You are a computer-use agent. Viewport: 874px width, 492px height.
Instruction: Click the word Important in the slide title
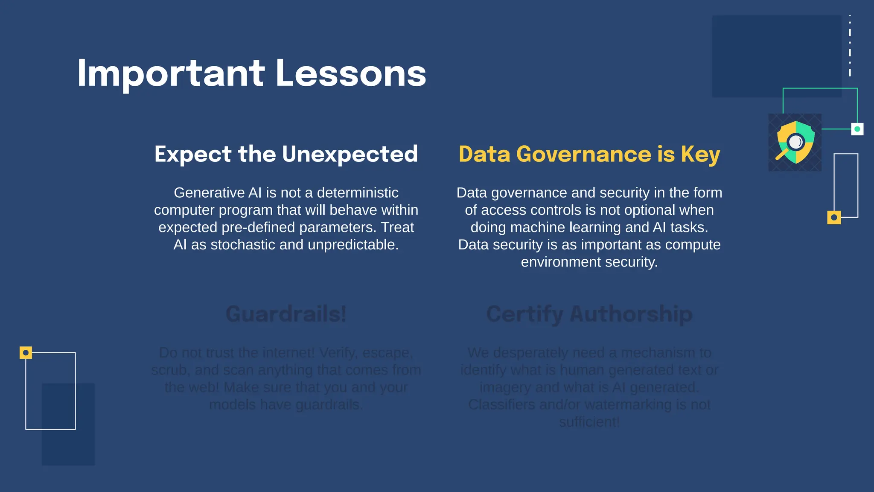(x=171, y=73)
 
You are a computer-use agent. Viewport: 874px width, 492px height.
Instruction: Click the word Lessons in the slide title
(x=351, y=73)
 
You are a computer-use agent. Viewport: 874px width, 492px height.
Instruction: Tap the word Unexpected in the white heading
(x=350, y=154)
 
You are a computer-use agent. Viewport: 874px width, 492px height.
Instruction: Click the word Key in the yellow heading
(x=700, y=154)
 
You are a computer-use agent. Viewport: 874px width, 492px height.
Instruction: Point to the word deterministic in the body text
(x=358, y=193)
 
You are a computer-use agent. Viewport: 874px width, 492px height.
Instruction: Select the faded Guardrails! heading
(x=286, y=314)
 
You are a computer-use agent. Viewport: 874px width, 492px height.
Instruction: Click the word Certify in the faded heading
(x=524, y=314)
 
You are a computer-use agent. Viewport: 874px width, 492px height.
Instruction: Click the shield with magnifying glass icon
(x=795, y=142)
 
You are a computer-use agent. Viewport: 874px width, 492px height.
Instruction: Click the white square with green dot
(x=857, y=129)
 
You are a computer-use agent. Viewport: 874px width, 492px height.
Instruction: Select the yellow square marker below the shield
(x=834, y=217)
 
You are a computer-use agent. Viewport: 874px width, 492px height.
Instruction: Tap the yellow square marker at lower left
(x=26, y=353)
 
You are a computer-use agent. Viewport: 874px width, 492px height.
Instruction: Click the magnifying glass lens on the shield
(x=795, y=141)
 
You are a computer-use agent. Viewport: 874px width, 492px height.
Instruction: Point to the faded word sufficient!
(x=589, y=422)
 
